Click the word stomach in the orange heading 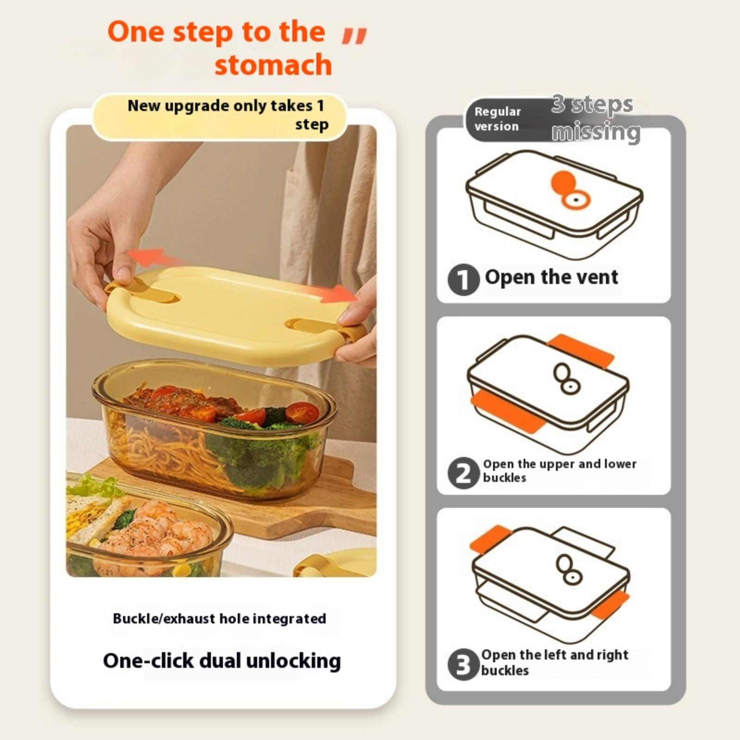coord(273,65)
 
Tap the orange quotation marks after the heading coord(354,36)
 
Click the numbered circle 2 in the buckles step coord(463,473)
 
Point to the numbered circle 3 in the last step coord(463,665)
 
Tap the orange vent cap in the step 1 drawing coord(563,182)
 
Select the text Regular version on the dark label coord(497,119)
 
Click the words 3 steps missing coord(596,118)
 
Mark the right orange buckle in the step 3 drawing coord(610,604)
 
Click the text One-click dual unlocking coord(222,661)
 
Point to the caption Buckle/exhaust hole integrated coord(220,619)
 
